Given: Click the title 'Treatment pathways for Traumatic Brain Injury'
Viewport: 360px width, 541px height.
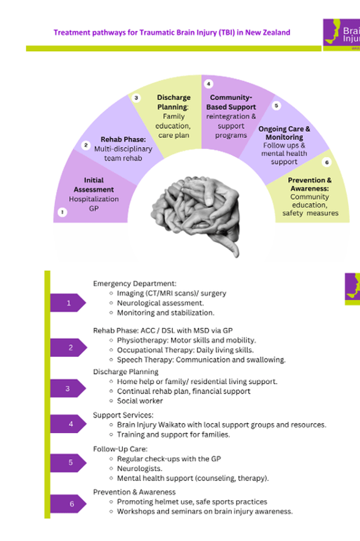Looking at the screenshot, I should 172,33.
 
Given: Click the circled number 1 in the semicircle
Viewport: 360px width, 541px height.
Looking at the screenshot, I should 62,213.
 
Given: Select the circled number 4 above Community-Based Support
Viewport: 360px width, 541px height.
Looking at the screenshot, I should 208,84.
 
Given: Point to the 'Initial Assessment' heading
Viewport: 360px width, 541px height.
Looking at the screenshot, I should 94,185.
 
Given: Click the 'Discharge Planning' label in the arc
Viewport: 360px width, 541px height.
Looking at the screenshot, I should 174,102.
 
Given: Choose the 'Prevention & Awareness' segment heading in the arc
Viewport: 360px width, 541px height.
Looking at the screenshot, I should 310,185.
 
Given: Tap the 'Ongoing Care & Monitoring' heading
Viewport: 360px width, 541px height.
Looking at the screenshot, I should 284,133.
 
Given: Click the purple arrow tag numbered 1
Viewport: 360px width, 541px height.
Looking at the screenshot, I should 68,303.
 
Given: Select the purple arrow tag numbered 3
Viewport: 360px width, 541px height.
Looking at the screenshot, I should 68,388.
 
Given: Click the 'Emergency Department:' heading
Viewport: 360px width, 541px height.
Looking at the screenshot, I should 135,284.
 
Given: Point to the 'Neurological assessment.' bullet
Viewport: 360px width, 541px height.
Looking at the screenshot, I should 160,303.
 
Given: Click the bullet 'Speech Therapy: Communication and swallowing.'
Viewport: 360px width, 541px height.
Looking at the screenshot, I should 201,359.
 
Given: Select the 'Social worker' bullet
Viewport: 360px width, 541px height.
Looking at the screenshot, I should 140,401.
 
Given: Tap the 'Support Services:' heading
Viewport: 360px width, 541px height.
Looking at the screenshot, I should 123,415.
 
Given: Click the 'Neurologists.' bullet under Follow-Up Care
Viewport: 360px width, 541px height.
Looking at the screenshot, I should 140,468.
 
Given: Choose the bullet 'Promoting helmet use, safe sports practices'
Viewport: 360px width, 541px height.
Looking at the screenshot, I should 192,501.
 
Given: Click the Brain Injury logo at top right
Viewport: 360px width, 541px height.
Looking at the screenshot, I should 343,34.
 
